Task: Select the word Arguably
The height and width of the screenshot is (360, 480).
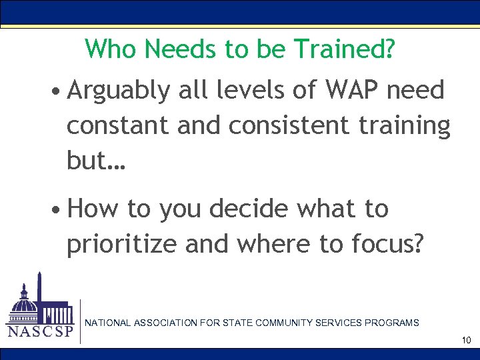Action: click(119, 91)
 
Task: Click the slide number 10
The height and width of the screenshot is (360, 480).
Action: click(466, 341)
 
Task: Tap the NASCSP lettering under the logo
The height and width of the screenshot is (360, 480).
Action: click(40, 332)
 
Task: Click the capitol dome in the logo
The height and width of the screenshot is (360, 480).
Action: click(25, 301)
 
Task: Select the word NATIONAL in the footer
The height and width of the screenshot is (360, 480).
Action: click(108, 323)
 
